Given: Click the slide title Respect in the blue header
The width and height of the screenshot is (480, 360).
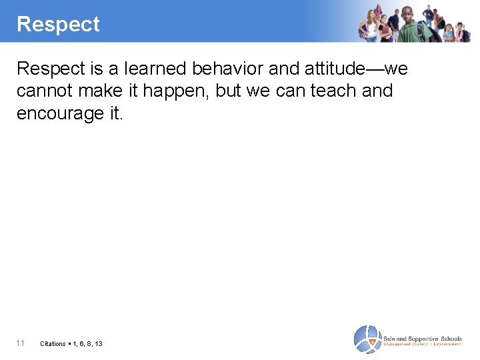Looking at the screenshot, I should tap(58, 25).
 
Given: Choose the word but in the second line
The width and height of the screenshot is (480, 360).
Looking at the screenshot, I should tap(227, 91).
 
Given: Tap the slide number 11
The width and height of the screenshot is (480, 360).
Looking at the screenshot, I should tap(21, 343).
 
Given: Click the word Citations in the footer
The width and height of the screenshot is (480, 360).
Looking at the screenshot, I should tap(53, 344).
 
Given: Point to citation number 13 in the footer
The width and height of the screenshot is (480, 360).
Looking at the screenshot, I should tap(99, 344).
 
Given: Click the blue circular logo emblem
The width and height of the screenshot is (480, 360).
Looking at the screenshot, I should tap(366, 339).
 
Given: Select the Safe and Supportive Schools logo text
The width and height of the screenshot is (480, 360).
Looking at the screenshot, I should tap(422, 338).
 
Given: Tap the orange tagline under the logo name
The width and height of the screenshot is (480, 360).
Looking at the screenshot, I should tap(422, 345).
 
